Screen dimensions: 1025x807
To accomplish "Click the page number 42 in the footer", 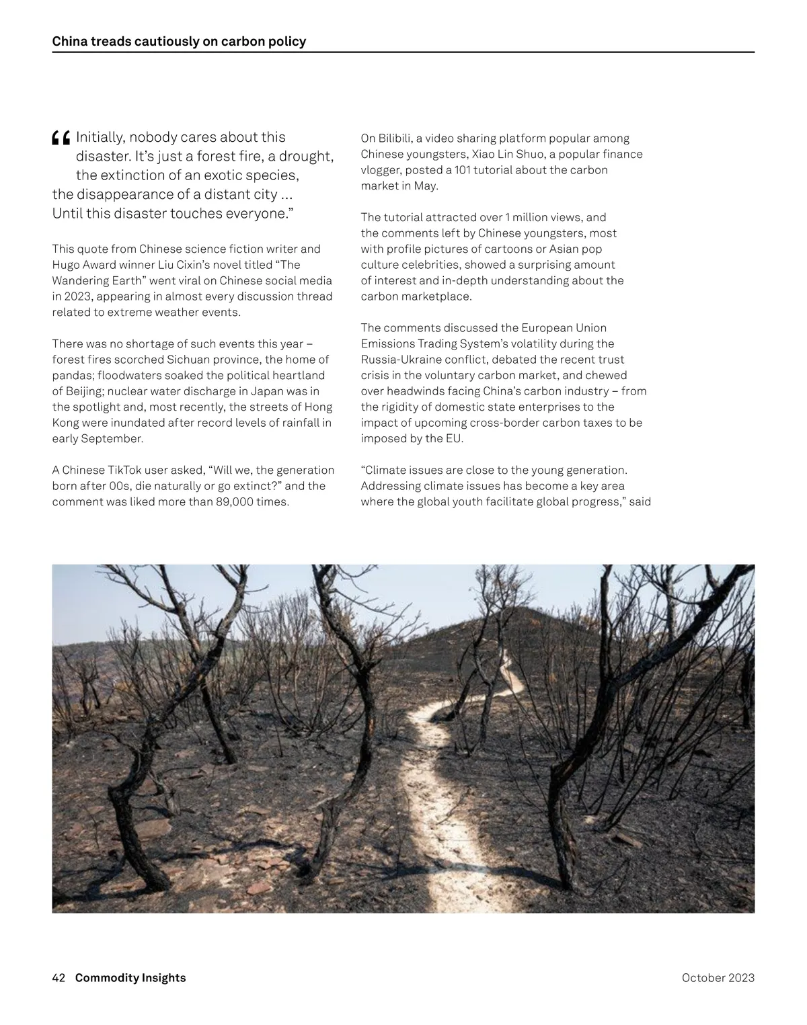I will click(x=59, y=978).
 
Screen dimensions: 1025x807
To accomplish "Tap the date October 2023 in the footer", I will click(x=718, y=978).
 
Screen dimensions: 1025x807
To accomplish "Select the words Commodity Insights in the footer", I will click(x=130, y=978).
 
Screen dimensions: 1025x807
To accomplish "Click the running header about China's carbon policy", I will click(x=179, y=42).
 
